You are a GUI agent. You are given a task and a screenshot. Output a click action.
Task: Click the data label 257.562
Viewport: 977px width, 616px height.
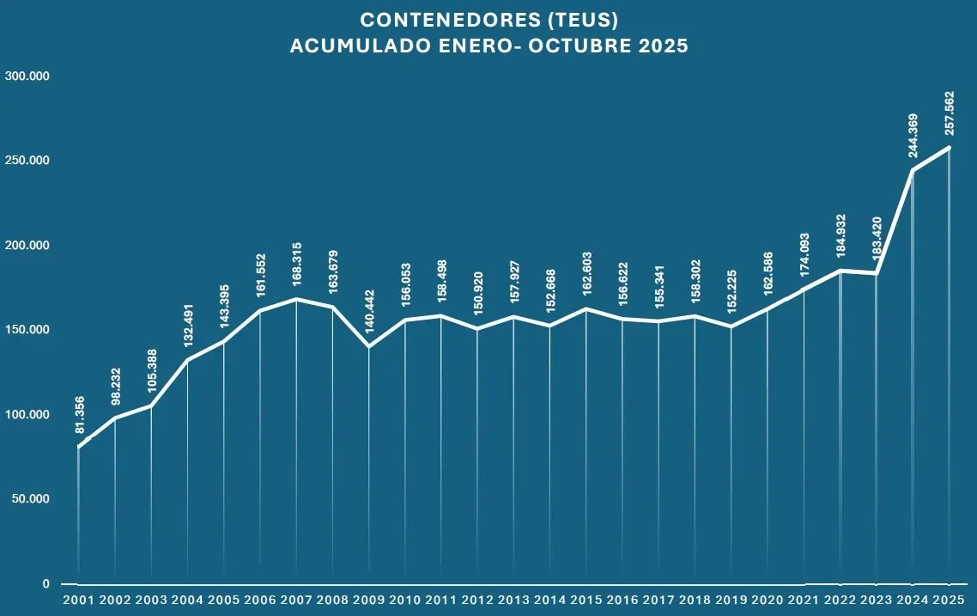pyautogui.click(x=949, y=113)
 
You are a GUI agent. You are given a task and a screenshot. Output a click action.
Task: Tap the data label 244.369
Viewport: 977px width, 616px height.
pyautogui.click(x=913, y=135)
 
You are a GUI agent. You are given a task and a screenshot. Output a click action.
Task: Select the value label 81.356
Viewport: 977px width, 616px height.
pyautogui.click(x=79, y=415)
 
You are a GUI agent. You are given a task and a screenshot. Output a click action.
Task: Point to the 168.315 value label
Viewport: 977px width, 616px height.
pyautogui.click(x=296, y=265)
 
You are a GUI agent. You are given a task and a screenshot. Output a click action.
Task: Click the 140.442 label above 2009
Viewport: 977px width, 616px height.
pyautogui.click(x=369, y=311)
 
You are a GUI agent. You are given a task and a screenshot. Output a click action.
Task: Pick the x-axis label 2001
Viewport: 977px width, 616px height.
pyautogui.click(x=78, y=600)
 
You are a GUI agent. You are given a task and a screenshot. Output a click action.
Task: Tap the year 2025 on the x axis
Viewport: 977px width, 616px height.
pyautogui.click(x=949, y=600)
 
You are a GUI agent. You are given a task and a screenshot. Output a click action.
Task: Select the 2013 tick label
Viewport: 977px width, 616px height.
pyautogui.click(x=513, y=600)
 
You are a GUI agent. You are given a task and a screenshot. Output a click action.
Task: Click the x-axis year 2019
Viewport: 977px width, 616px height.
pyautogui.click(x=731, y=600)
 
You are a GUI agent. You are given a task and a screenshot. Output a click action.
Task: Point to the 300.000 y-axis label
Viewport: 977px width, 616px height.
pyautogui.click(x=27, y=76)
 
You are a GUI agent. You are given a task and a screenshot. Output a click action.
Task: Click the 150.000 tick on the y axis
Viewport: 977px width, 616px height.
pyautogui.click(x=27, y=330)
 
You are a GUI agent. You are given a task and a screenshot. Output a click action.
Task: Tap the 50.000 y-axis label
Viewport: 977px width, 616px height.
pyautogui.click(x=31, y=499)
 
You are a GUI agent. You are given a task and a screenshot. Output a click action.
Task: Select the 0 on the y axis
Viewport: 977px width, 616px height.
pyautogui.click(x=46, y=584)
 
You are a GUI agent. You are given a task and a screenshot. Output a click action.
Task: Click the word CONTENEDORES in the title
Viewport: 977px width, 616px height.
pyautogui.click(x=451, y=20)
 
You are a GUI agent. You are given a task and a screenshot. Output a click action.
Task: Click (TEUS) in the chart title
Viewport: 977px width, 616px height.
pyautogui.click(x=583, y=20)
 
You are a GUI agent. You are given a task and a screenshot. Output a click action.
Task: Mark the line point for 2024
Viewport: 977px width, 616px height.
pyautogui.click(x=913, y=170)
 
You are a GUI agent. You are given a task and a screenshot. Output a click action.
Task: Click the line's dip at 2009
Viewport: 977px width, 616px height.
pyautogui.click(x=369, y=346)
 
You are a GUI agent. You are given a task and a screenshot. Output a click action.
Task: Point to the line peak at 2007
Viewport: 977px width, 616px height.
pyautogui.click(x=296, y=299)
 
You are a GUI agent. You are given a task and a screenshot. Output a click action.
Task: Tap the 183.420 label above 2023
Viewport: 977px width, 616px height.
pyautogui.click(x=877, y=238)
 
